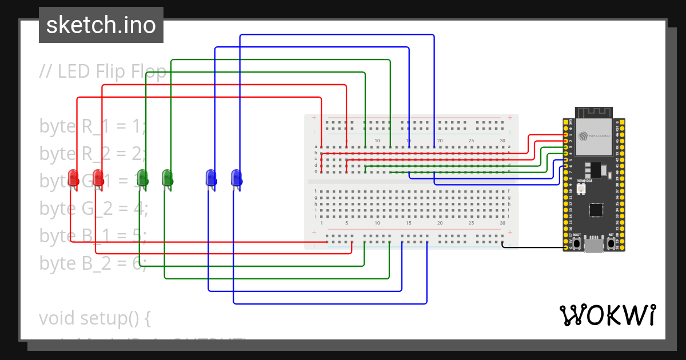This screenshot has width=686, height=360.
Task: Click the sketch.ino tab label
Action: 101,25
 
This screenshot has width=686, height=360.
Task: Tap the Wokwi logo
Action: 607,315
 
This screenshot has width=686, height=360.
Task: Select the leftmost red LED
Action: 73,177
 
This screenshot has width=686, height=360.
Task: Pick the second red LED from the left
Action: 98,177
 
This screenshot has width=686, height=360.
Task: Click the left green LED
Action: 143,177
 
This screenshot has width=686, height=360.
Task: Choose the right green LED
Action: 167,177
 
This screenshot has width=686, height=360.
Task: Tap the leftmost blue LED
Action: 210,177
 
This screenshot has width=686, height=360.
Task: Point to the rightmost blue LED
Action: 236,177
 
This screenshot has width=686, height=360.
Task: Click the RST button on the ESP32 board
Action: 611,243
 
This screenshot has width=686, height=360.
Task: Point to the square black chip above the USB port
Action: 596,210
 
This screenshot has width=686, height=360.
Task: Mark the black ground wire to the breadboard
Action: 532,247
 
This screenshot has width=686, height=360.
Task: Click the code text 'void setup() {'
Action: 94,318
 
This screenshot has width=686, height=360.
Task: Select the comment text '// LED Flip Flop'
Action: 103,71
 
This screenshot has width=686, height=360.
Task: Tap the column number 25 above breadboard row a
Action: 471,141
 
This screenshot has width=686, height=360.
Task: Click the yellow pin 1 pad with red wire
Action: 566,135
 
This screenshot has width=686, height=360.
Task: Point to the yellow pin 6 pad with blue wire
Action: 566,166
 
